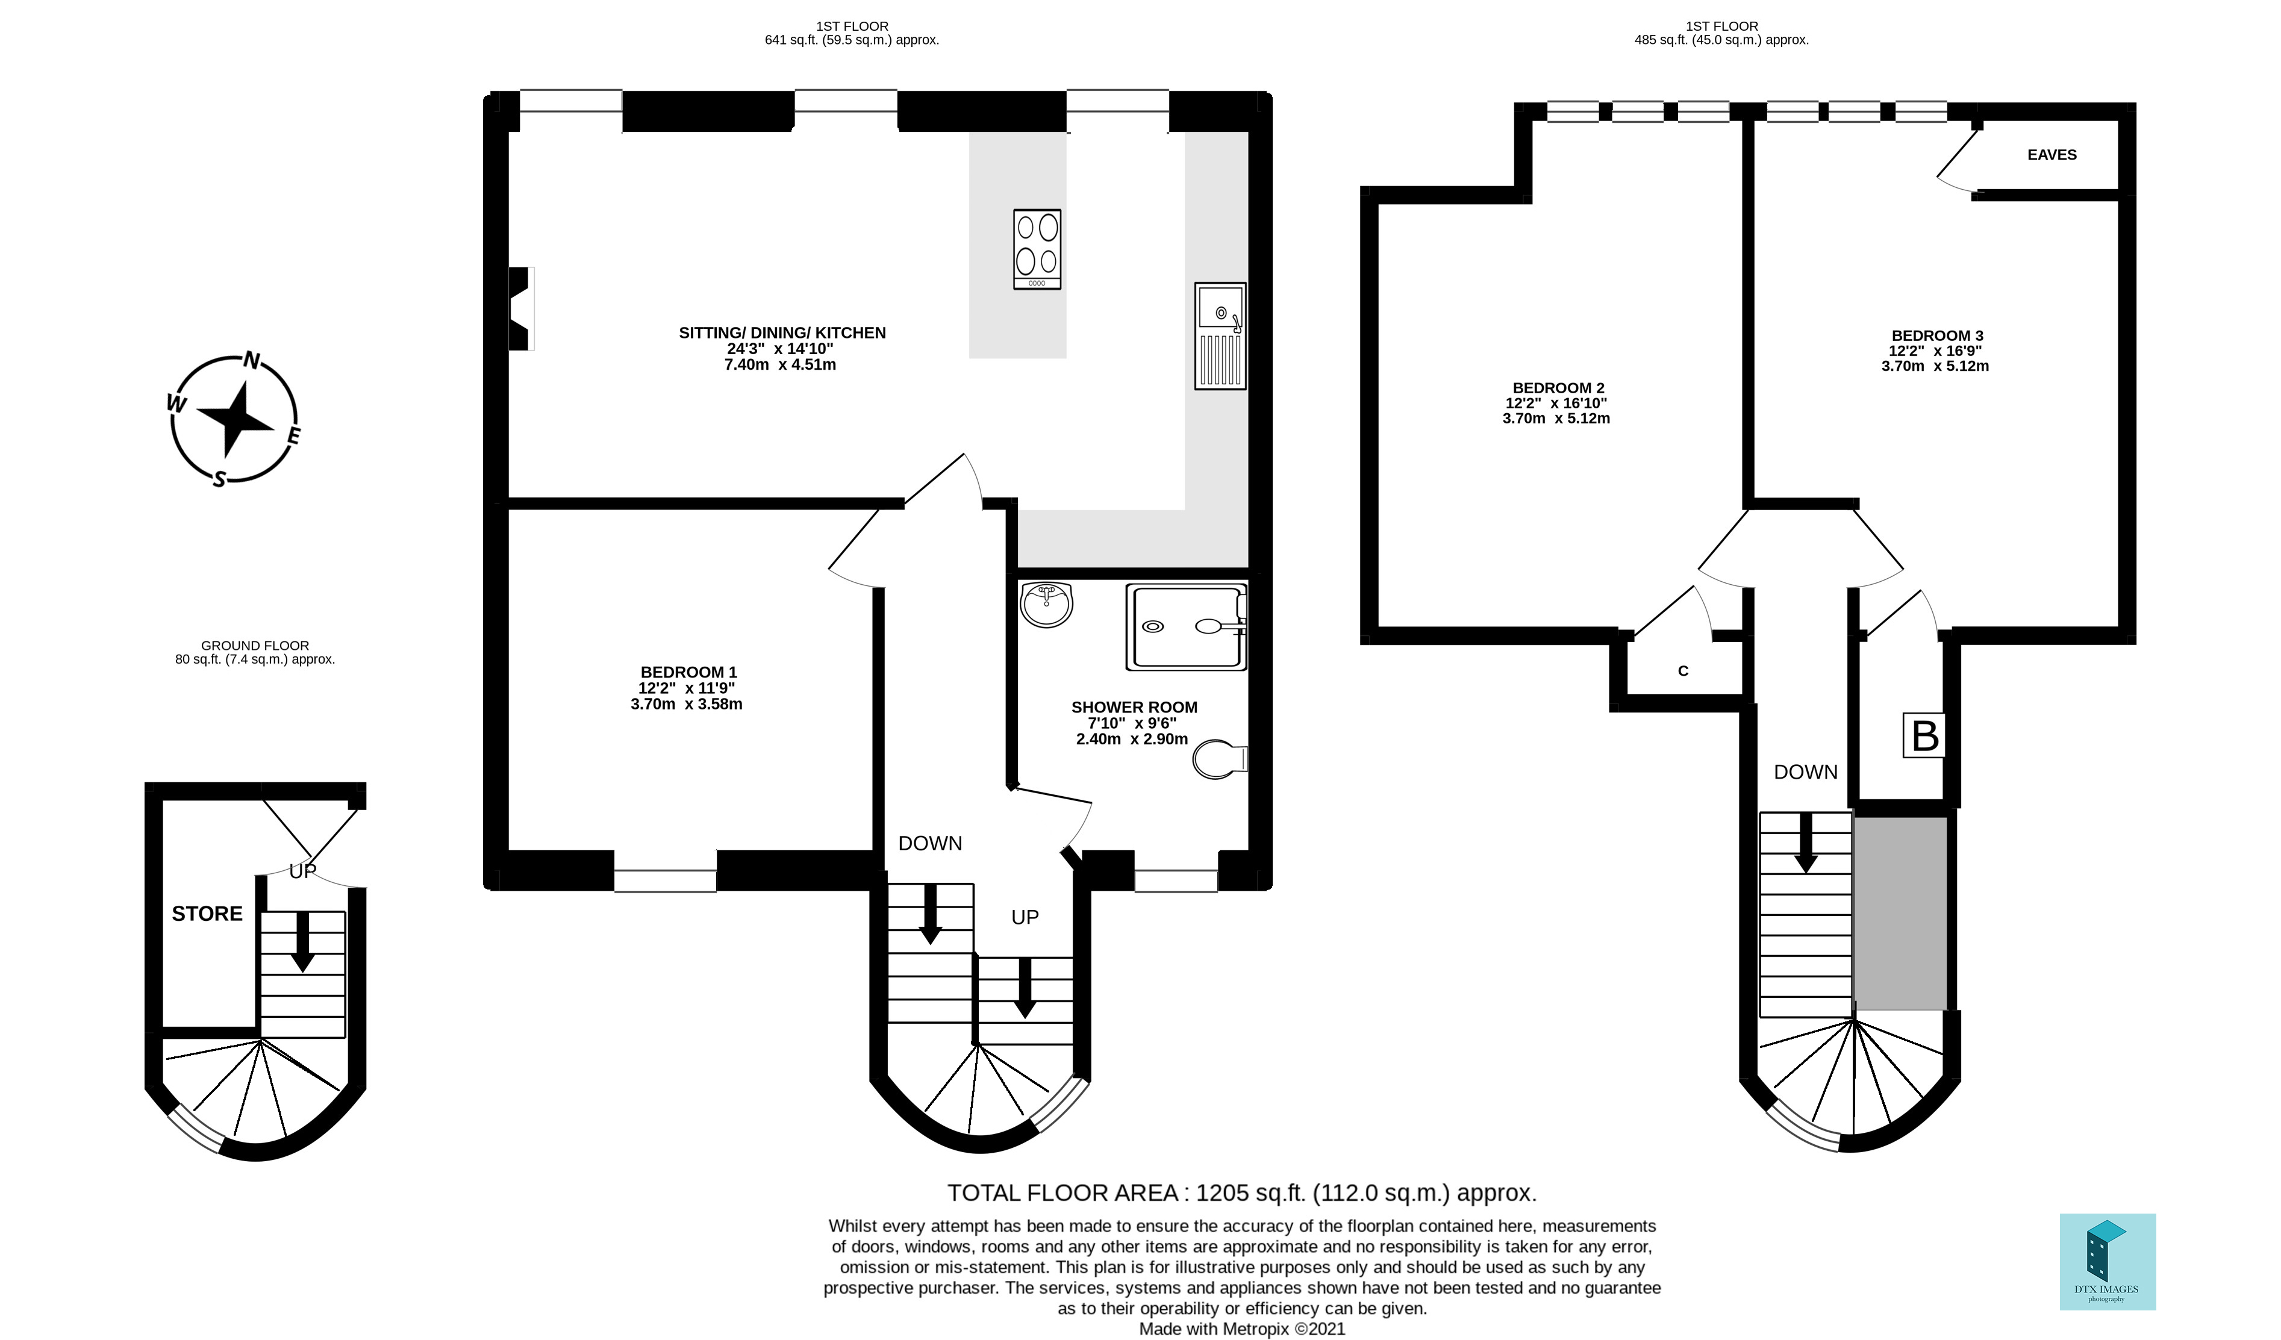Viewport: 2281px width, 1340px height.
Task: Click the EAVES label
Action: (x=2051, y=155)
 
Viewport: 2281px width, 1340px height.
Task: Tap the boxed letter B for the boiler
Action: (x=1923, y=735)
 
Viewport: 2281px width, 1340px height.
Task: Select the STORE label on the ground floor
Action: (x=207, y=914)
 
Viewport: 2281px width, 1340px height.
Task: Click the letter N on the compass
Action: (x=252, y=361)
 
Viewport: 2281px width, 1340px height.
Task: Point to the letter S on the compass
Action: (x=219, y=479)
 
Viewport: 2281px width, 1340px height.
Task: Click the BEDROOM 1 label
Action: (x=688, y=672)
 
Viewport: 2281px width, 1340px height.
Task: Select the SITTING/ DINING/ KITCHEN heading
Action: (x=782, y=333)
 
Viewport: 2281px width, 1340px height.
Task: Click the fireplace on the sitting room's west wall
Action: (x=520, y=308)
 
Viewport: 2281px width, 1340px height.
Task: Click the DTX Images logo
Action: (x=2107, y=1261)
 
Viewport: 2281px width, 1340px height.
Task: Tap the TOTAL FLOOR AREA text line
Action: (x=1241, y=1192)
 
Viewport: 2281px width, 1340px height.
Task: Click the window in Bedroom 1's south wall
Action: (x=666, y=880)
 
